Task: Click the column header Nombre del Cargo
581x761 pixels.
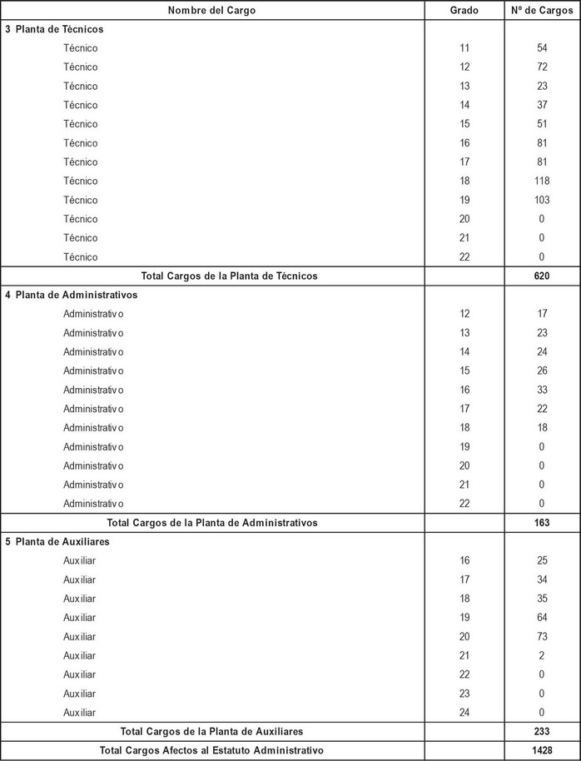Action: click(211, 10)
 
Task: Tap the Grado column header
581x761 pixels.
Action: click(464, 10)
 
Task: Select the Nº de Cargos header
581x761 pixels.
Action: click(542, 10)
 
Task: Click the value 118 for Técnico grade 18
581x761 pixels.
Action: click(542, 181)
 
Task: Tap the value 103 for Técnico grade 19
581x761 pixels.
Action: click(542, 200)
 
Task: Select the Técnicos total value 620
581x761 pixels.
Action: click(542, 276)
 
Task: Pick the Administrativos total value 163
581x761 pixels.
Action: click(542, 523)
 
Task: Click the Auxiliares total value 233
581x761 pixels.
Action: click(542, 731)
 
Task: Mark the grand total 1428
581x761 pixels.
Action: click(542, 750)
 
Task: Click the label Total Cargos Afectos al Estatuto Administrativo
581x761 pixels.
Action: click(211, 750)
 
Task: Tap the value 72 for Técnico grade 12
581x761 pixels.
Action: click(542, 67)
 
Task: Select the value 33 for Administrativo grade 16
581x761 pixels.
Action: click(542, 390)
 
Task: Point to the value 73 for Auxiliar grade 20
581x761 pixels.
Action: click(542, 637)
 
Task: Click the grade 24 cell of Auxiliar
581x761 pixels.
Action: click(464, 713)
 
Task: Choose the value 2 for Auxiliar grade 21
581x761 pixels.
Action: click(542, 656)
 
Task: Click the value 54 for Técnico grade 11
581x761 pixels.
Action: click(542, 47)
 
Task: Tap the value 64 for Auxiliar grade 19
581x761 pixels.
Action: click(542, 618)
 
